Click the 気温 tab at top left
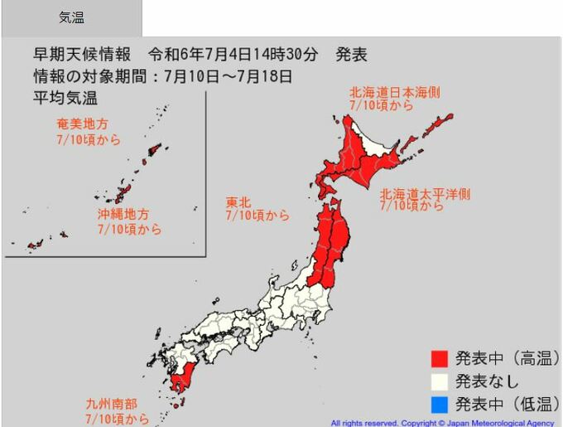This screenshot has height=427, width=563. pos(71,17)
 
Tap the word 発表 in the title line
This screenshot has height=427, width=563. pos(351,56)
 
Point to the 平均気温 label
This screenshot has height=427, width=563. pos(65,99)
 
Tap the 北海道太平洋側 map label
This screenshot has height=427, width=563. pos(425,194)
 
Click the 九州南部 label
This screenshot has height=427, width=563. pos(112,405)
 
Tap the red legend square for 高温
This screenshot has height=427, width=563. pos(440,359)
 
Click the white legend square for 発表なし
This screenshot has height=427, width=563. pos(440,381)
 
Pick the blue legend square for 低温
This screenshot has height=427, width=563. pos(440,405)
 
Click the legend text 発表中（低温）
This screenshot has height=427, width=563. pos(507,405)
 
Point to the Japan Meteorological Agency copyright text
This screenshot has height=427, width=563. pos(443,423)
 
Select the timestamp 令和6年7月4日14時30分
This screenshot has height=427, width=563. pos(233,56)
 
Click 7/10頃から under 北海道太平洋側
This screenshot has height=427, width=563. pos(411,206)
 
